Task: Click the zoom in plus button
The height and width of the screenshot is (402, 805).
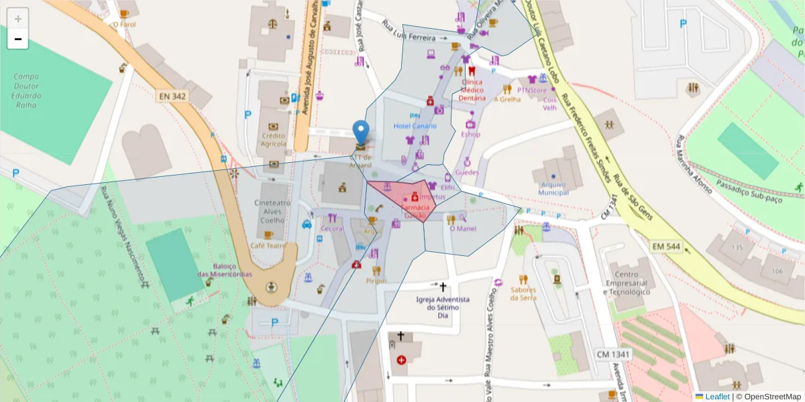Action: click(x=18, y=19)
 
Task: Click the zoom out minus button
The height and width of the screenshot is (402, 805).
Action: click(x=18, y=40)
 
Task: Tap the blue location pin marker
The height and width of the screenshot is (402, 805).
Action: click(x=361, y=133)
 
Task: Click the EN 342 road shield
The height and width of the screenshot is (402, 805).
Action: click(x=172, y=96)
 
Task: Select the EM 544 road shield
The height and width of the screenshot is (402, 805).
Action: click(x=665, y=247)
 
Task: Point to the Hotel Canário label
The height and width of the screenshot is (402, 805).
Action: click(x=415, y=126)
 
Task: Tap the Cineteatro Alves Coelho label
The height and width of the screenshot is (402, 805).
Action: click(x=272, y=212)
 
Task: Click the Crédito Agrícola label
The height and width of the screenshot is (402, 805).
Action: click(x=274, y=139)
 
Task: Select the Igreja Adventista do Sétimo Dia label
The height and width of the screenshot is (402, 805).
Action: click(x=442, y=307)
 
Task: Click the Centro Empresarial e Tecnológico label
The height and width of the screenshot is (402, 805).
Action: click(x=627, y=283)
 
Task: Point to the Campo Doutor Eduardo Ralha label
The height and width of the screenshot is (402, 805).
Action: click(x=28, y=90)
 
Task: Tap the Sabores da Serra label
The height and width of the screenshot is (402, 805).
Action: click(x=523, y=293)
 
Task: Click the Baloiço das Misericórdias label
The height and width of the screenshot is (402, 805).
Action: click(x=224, y=270)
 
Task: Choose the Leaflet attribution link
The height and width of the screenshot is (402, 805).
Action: click(x=717, y=397)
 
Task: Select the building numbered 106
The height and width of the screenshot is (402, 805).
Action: click(x=777, y=271)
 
